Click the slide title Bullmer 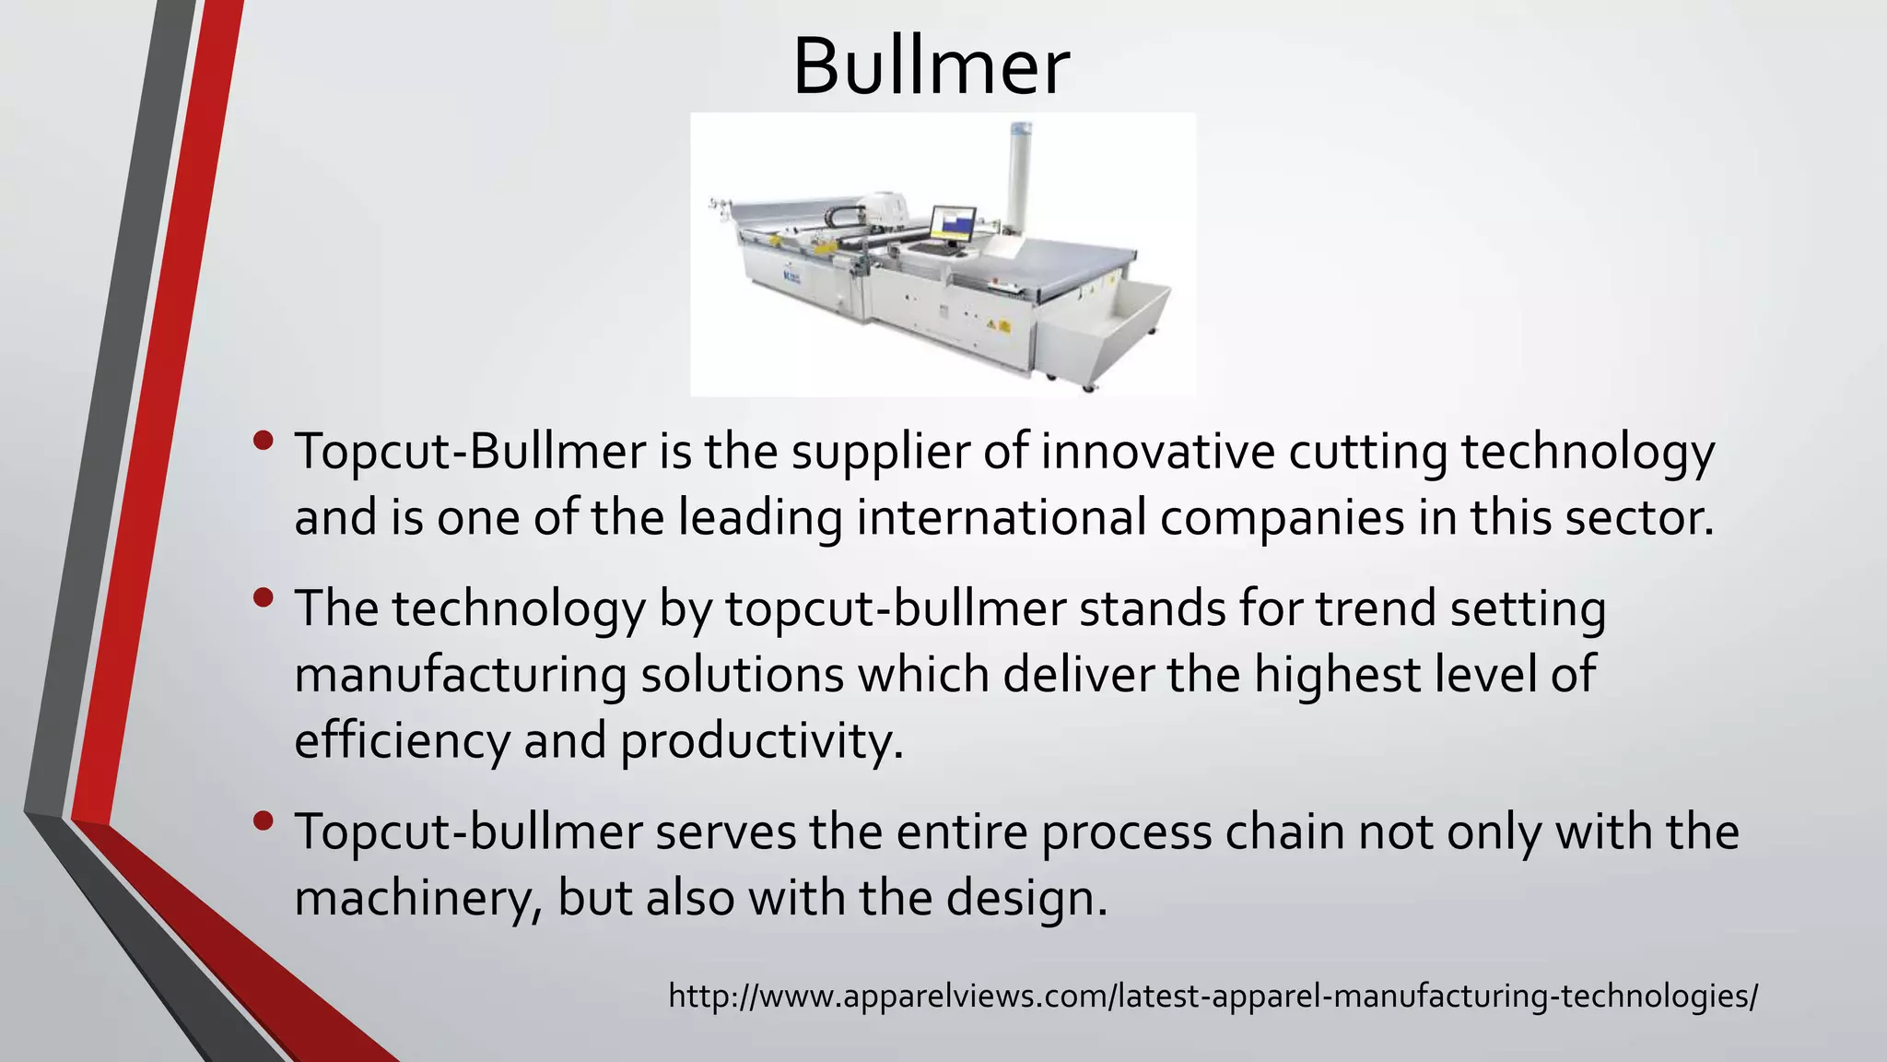tap(931, 66)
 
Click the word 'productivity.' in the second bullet tap(762, 740)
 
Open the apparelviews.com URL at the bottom tap(1213, 996)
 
